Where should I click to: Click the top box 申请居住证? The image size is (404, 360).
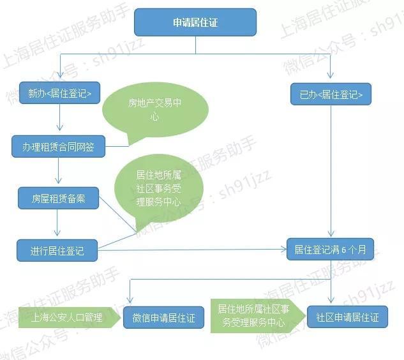point(195,22)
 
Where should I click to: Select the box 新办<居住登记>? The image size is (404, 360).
point(59,93)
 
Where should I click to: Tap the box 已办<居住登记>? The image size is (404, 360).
point(331,94)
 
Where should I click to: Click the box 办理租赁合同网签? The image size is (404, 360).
point(58,146)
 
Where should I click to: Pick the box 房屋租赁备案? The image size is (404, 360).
point(58,198)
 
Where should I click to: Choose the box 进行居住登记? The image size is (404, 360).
point(57,250)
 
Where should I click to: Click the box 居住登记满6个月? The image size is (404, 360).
point(330,249)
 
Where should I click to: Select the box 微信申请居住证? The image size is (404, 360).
point(163,317)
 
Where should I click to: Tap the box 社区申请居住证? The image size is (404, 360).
point(347,317)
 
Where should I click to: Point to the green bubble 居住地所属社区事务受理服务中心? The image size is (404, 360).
point(158,189)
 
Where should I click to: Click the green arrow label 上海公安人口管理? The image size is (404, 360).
point(70,317)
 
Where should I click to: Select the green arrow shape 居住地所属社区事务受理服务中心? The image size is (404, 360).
point(258,316)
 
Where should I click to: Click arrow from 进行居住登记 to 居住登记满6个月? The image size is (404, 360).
point(192,250)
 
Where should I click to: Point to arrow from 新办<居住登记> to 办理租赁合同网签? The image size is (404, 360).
point(60,117)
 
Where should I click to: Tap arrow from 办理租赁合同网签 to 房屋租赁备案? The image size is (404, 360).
point(59,170)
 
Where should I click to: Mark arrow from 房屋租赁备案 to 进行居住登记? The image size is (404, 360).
point(57,222)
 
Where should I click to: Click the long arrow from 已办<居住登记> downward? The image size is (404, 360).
point(331,171)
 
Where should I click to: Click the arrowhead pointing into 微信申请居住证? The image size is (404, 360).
point(130,300)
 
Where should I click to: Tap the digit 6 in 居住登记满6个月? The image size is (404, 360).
point(344,250)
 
